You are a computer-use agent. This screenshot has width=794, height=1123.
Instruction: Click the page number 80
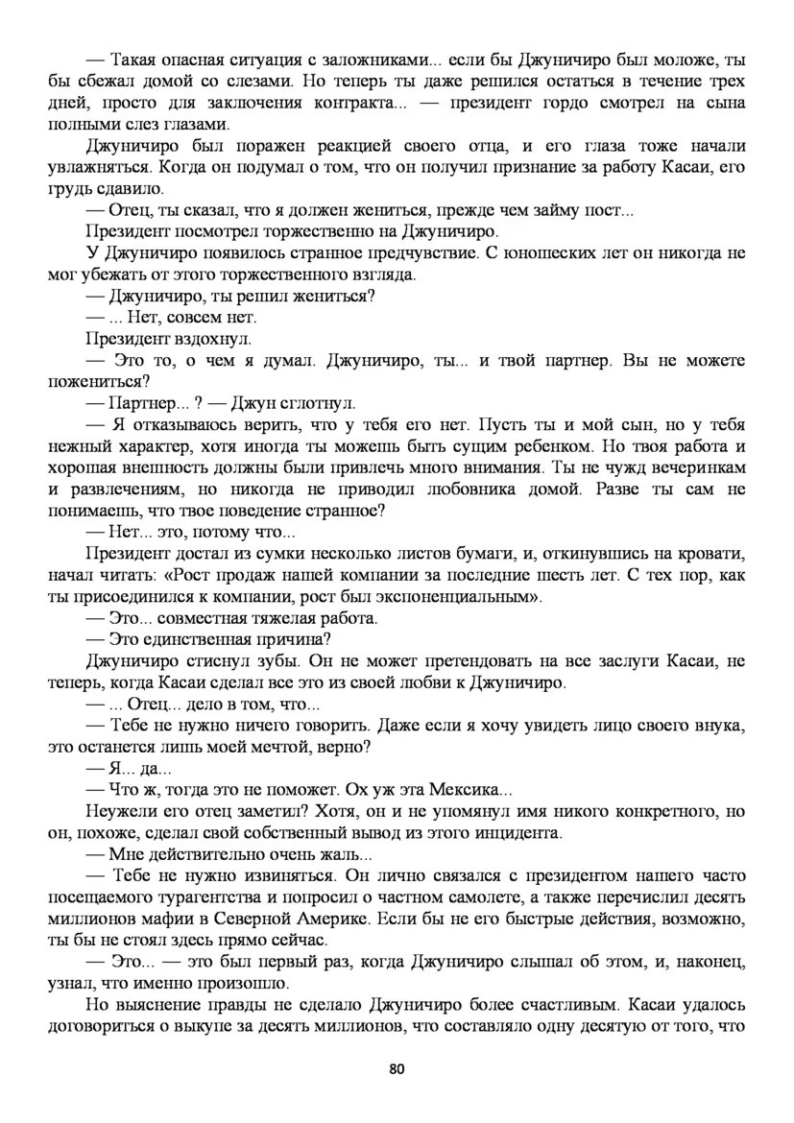coord(396,1067)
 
